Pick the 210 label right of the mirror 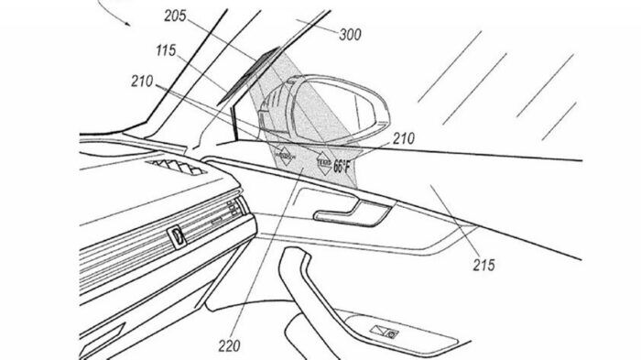click(404, 139)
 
